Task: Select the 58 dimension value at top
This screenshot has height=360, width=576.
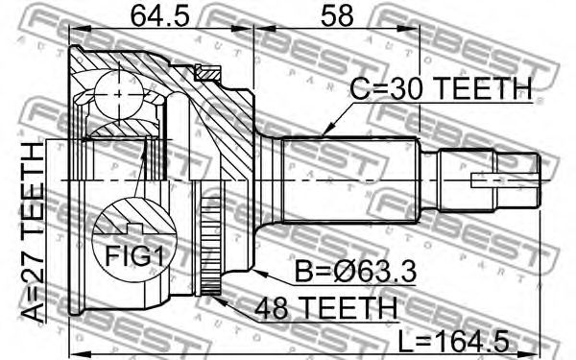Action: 337,16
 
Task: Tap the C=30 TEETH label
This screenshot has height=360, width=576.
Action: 441,88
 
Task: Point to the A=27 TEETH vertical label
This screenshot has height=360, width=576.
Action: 33,232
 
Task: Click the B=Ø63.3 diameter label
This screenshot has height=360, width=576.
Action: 355,272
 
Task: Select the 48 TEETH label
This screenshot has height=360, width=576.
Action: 325,308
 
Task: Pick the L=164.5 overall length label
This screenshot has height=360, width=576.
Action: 454,341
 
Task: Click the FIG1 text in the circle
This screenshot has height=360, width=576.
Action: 133,255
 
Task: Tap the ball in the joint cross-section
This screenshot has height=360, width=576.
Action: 119,95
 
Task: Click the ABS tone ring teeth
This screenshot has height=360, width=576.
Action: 211,246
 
